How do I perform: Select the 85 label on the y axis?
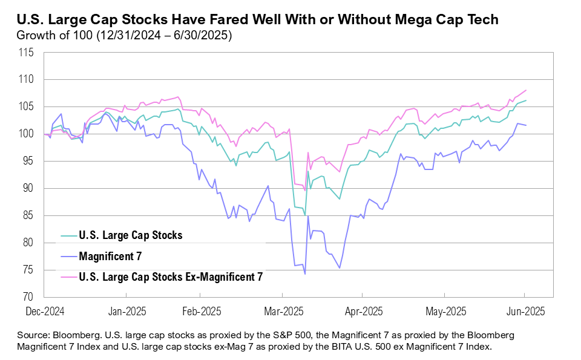click(x=27, y=216)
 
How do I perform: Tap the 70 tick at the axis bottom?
click(x=27, y=298)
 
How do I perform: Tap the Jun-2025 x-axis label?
click(x=524, y=312)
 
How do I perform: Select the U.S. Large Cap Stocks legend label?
click(x=130, y=235)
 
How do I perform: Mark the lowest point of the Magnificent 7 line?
click(x=305, y=274)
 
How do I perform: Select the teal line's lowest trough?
click(x=304, y=215)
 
